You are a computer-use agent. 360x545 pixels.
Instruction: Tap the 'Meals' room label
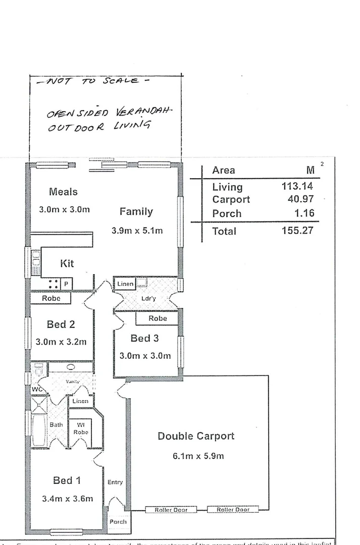click(x=63, y=192)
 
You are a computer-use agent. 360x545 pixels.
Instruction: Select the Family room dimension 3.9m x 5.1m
click(x=137, y=231)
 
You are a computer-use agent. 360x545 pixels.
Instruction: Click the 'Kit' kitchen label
click(x=67, y=263)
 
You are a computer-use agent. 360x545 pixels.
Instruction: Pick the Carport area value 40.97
click(x=300, y=199)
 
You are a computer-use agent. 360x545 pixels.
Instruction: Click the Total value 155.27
click(x=297, y=231)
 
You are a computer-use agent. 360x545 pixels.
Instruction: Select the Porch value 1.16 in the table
click(x=304, y=213)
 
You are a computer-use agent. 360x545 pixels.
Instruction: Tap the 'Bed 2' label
click(x=61, y=324)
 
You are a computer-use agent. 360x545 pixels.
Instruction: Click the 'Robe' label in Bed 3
click(x=158, y=318)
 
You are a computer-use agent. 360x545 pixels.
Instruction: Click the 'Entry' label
click(x=115, y=482)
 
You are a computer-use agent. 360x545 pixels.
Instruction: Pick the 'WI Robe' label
click(x=81, y=428)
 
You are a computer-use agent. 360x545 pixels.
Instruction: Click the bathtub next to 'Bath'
click(x=39, y=430)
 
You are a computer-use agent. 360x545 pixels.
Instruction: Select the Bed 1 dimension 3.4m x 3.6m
click(x=67, y=499)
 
